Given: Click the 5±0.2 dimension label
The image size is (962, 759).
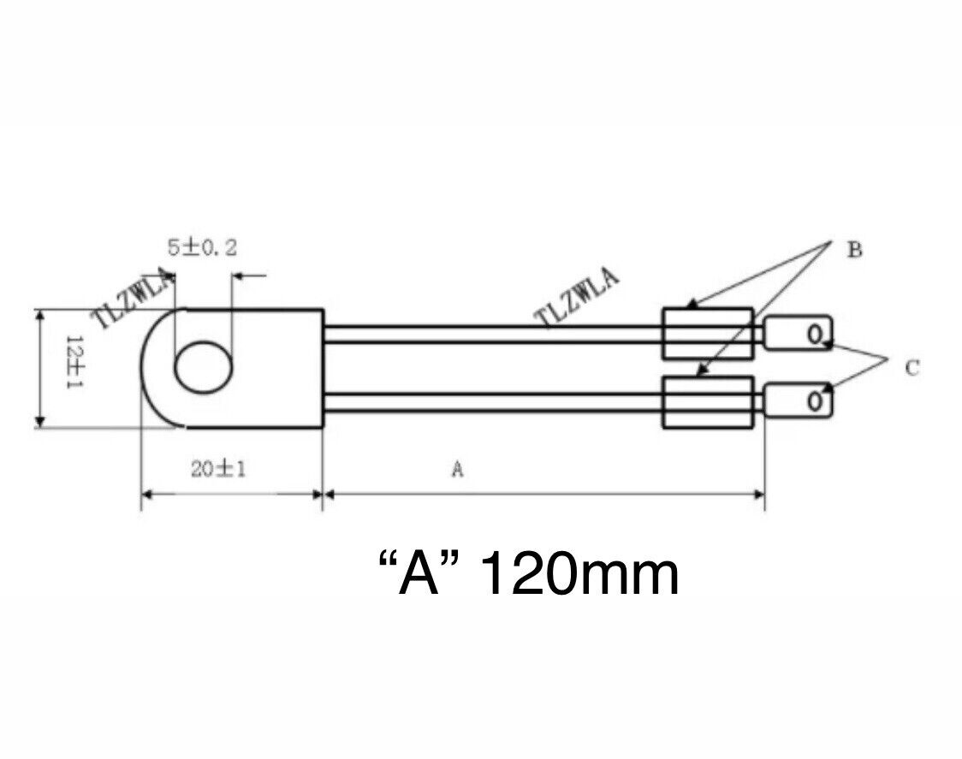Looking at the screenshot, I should pos(202,248).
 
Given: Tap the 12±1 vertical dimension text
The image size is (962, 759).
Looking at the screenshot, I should pos(74,363).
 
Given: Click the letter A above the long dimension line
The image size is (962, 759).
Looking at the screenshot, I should pos(457,469).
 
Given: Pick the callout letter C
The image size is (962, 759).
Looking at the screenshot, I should pos(912,368).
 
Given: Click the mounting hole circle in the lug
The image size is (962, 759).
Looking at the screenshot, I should pos(204,369).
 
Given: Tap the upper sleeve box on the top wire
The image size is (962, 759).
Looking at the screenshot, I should pos(708,334).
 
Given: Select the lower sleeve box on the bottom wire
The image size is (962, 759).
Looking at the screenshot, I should pos(708,403).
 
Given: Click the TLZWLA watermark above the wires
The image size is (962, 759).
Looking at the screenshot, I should pos(577,297).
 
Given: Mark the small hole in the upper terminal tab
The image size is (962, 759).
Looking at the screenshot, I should pos(816,333).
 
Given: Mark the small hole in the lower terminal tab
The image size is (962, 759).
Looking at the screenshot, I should pos(816,401).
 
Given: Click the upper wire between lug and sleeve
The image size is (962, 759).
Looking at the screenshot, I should pos(492,334).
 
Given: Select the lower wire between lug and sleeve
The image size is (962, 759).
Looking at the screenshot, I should pos(492,402).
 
